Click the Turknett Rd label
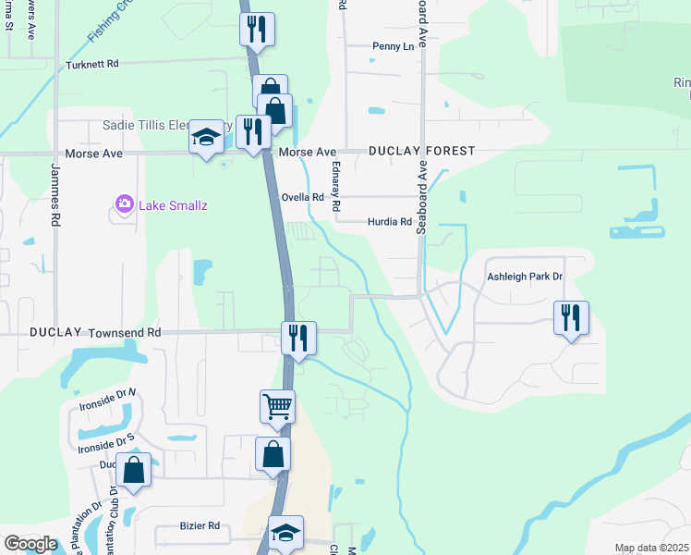93,65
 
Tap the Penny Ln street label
394,46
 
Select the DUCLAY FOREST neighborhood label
421,150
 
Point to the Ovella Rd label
304,197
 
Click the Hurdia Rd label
389,222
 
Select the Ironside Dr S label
106,447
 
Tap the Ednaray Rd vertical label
337,185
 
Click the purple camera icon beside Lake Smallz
124,203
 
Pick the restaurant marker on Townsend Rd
298,338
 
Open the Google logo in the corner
30,544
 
